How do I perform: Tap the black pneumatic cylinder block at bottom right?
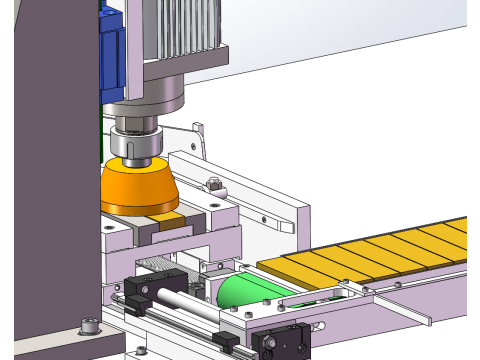click(x=284, y=343)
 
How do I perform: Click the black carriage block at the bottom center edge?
click(x=226, y=344)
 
